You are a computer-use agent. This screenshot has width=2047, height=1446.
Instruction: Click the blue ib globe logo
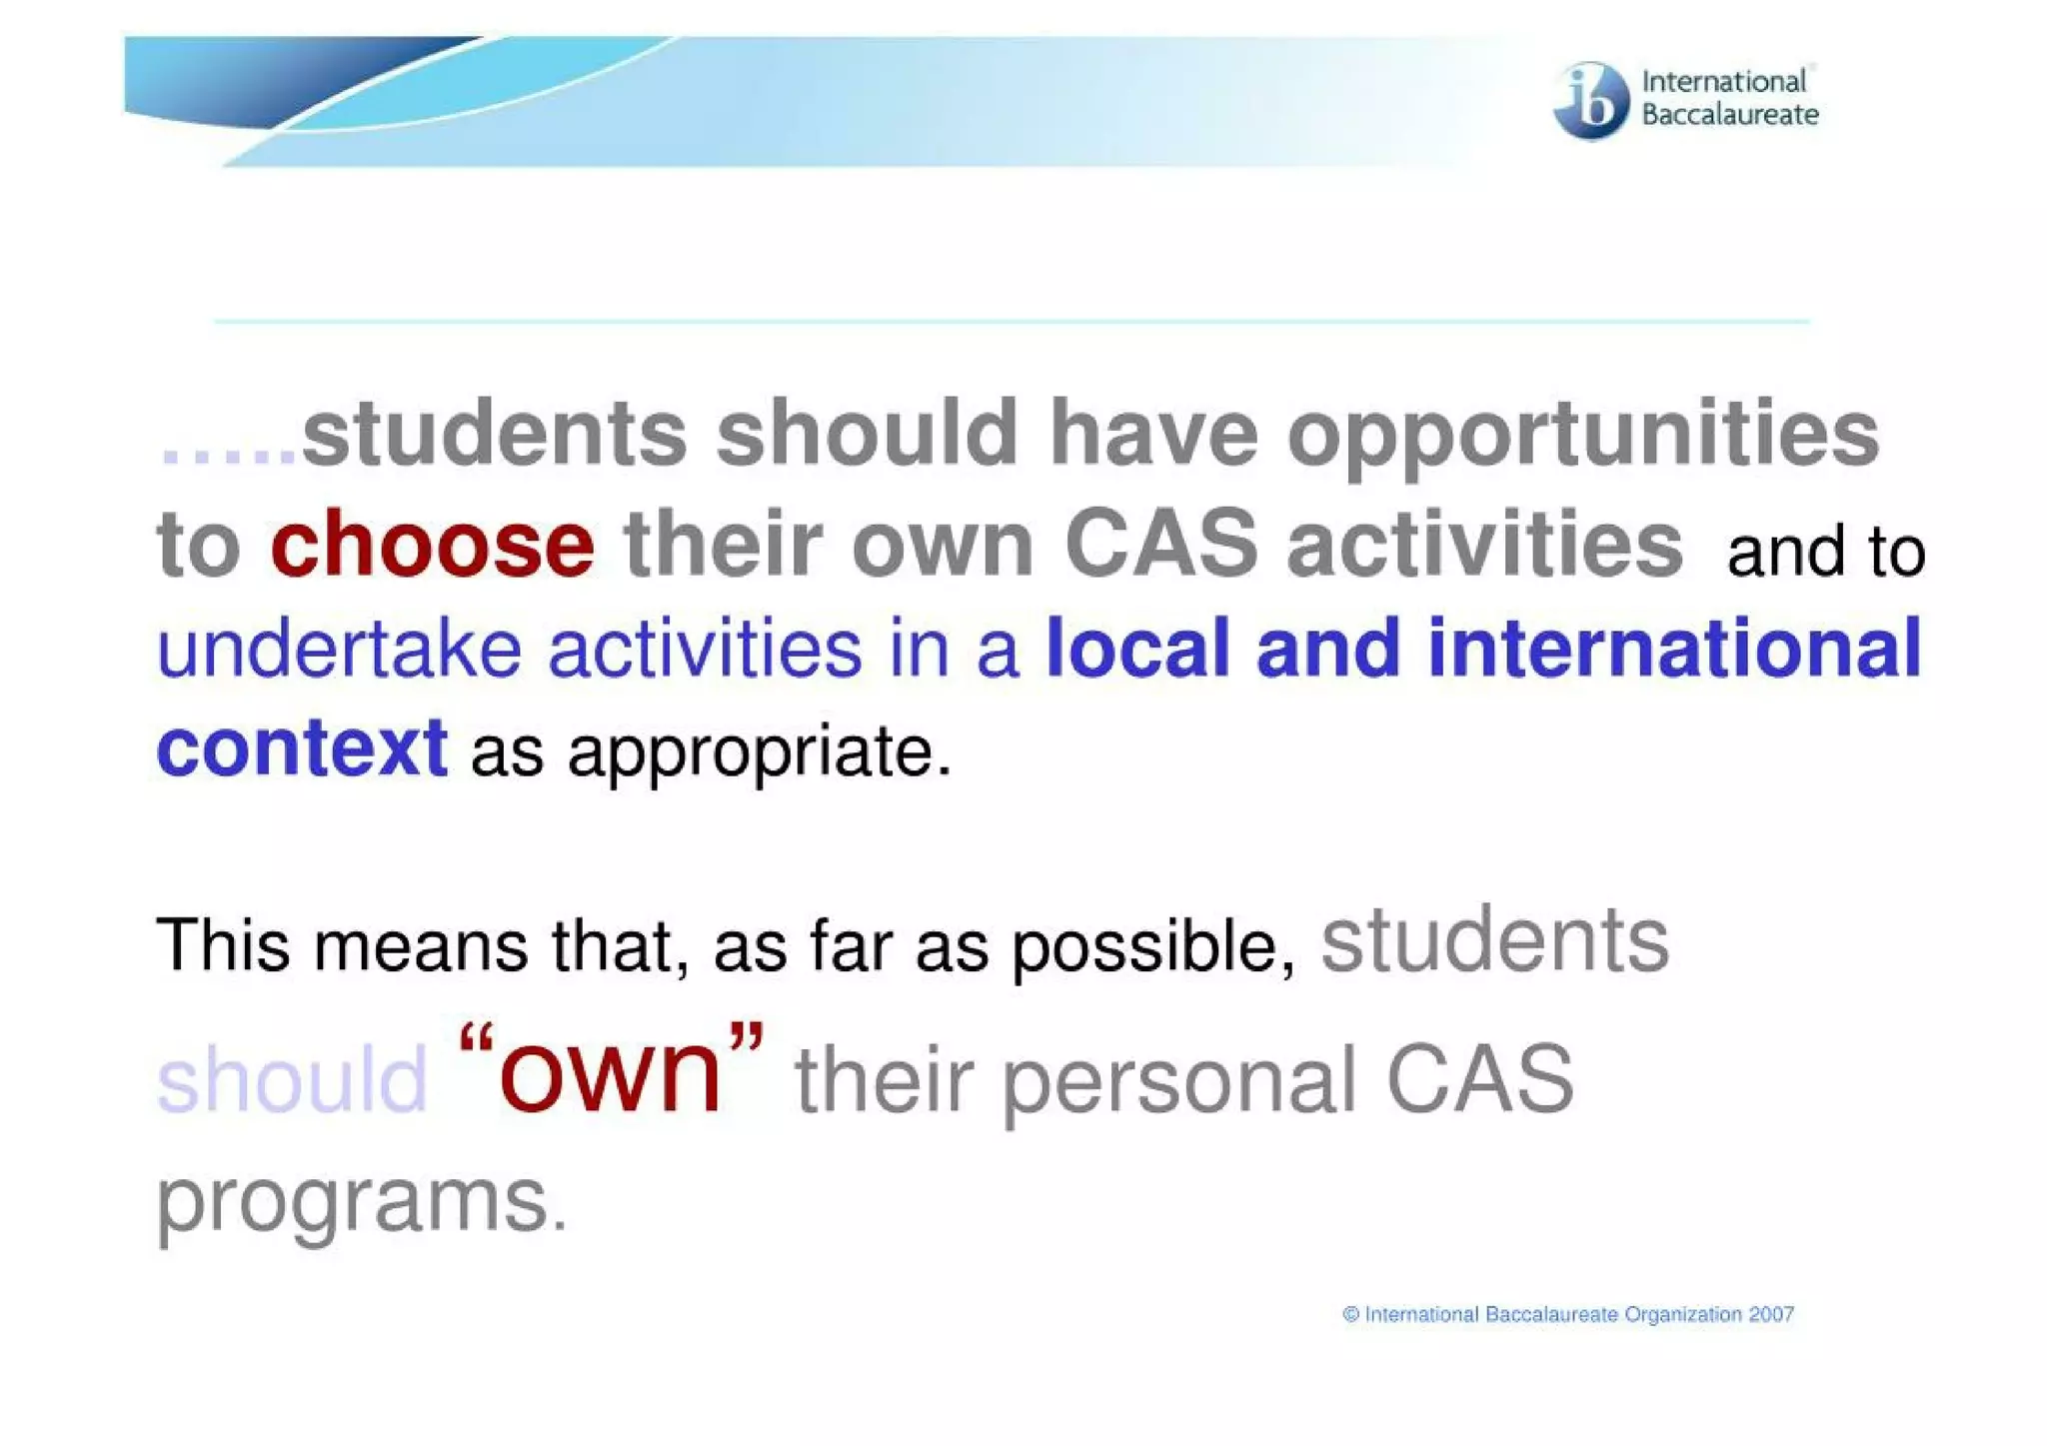(1590, 100)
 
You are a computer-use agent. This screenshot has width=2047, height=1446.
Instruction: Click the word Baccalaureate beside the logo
(1729, 115)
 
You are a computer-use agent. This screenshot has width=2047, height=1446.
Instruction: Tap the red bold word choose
(432, 545)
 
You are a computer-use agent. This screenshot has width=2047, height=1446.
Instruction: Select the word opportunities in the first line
(1582, 436)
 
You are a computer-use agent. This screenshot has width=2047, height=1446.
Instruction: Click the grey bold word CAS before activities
(1160, 545)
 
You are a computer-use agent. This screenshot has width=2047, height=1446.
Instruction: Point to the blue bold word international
(1674, 650)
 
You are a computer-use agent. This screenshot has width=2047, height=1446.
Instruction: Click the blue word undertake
(339, 650)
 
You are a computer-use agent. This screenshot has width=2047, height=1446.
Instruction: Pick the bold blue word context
(302, 747)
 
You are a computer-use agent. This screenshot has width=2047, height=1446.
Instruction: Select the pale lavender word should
(292, 1079)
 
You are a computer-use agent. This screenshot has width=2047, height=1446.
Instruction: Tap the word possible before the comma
(1144, 947)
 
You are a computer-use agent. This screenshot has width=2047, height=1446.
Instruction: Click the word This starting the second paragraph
(223, 944)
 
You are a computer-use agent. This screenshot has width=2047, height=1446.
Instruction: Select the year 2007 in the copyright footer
(1771, 1315)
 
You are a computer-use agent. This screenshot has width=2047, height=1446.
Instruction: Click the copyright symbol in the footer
(1351, 1315)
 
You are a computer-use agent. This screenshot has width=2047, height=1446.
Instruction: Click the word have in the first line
(1152, 436)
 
